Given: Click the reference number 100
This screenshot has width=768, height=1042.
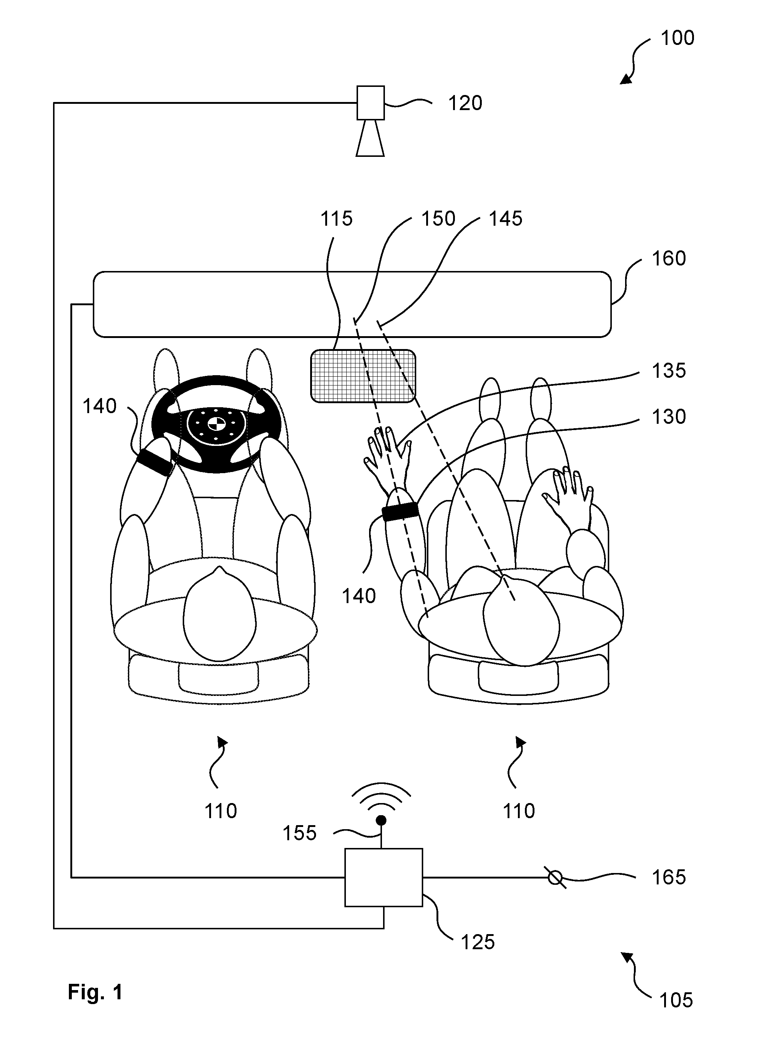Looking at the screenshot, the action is [x=677, y=38].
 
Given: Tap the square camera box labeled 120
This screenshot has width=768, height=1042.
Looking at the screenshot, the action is [x=371, y=103].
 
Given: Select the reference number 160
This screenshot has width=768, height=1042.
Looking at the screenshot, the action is [x=669, y=258].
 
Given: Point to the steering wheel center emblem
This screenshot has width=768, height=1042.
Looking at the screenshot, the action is [x=215, y=424].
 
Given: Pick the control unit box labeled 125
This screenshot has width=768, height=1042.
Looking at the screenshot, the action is [x=383, y=877].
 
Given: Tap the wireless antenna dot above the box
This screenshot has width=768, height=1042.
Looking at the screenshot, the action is [x=381, y=820].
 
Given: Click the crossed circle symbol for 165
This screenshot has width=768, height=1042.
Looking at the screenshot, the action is [x=555, y=877].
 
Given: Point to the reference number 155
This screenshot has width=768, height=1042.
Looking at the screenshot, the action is [x=300, y=833].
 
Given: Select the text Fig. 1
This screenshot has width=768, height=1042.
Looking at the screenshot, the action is [x=95, y=992].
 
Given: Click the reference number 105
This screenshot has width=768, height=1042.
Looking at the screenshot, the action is [x=676, y=1000].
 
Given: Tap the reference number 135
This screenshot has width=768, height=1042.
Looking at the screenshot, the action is [x=669, y=371].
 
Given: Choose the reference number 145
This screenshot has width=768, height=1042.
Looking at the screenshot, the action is [x=505, y=218].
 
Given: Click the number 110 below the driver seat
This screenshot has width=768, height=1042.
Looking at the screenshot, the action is [x=221, y=811].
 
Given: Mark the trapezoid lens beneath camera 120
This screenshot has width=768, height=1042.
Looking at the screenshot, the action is [x=371, y=138].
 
